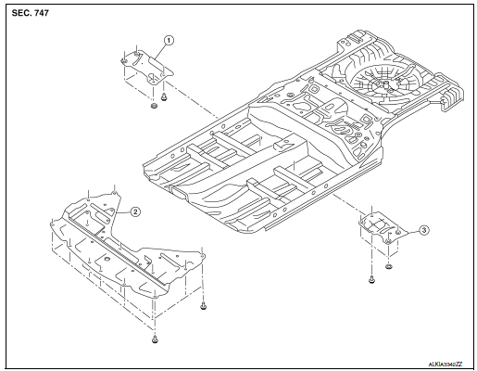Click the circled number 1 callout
[168, 40]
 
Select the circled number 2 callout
[135, 211]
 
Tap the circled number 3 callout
[423, 229]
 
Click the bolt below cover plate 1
[163, 95]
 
